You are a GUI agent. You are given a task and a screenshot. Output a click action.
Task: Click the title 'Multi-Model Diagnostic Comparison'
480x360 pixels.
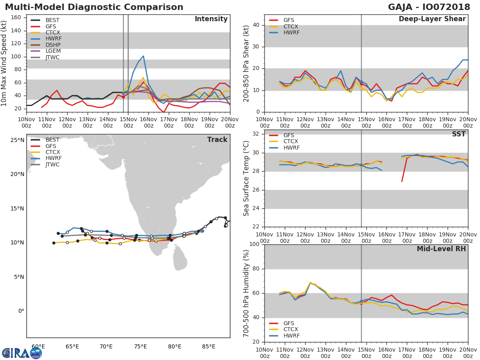[94, 7]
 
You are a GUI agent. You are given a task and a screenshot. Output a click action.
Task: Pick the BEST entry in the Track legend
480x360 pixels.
[52, 140]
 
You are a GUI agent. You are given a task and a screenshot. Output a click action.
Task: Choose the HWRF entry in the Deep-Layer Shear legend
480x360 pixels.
[291, 33]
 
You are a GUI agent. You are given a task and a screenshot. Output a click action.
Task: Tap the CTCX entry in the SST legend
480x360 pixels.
[291, 142]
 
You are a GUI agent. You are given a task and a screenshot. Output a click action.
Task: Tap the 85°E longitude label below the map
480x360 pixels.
[209, 346]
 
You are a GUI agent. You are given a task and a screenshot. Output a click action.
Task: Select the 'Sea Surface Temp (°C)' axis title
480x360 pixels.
[246, 178]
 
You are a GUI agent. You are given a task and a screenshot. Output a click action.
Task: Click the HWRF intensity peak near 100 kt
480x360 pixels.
[143, 56]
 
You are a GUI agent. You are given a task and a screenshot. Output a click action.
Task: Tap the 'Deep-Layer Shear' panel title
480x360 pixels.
[432, 19]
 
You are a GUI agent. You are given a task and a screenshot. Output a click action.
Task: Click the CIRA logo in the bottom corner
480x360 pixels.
[22, 353]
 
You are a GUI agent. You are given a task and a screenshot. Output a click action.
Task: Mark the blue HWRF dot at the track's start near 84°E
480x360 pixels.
[202, 231]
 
